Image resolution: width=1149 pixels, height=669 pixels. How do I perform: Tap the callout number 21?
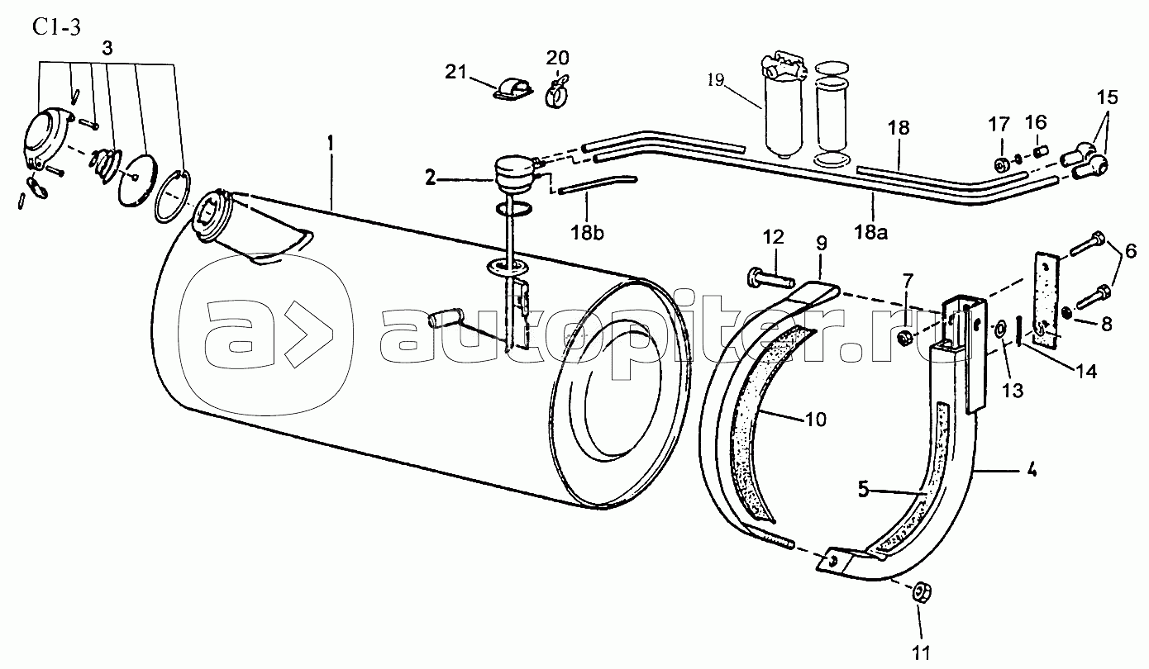click(x=455, y=72)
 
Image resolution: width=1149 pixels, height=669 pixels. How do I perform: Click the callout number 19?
click(x=716, y=80)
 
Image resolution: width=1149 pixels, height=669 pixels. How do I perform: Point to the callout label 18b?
click(x=588, y=233)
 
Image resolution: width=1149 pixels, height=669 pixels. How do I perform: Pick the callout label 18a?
click(x=871, y=232)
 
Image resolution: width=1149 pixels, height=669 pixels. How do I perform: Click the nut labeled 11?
click(x=922, y=593)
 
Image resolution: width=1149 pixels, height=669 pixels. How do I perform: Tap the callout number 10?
click(x=816, y=420)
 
